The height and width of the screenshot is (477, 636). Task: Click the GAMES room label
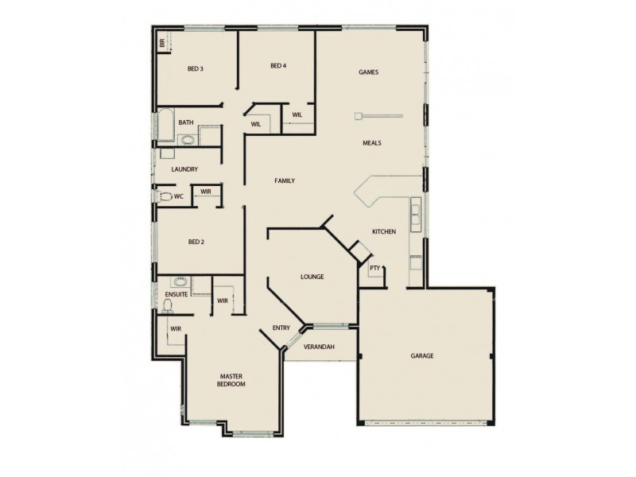[x=367, y=72]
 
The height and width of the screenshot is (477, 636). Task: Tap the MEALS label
[x=372, y=143]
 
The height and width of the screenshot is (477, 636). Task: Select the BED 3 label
[x=196, y=69]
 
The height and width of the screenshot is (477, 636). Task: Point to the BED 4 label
[x=277, y=65]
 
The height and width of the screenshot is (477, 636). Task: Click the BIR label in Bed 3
[x=161, y=43]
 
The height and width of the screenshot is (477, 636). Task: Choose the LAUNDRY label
[x=184, y=169]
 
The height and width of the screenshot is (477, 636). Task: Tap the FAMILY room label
[x=285, y=181]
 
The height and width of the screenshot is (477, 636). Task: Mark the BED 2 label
[x=196, y=242]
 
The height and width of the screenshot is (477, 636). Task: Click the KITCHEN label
[x=384, y=231]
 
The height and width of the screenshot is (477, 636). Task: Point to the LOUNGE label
[x=311, y=277]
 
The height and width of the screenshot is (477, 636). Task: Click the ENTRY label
[x=281, y=328]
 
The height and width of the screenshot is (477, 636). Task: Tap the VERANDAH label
[x=319, y=347]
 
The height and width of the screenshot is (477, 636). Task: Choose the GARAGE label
[x=421, y=355]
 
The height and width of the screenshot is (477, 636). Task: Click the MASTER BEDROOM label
[x=232, y=379]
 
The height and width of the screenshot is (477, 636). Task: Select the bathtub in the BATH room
[x=166, y=124]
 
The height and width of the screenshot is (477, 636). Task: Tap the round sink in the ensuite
[x=180, y=281]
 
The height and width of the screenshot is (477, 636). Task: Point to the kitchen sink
[x=415, y=213]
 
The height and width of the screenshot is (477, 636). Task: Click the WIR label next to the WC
[x=205, y=192]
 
